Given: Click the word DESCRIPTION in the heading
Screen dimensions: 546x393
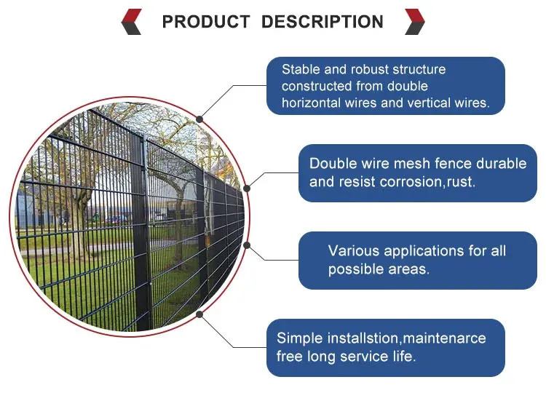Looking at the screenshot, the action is [x=323, y=22].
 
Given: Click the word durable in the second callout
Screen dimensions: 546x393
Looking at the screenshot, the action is [x=500, y=164].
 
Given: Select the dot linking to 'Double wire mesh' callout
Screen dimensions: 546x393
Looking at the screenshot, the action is [x=247, y=188].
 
